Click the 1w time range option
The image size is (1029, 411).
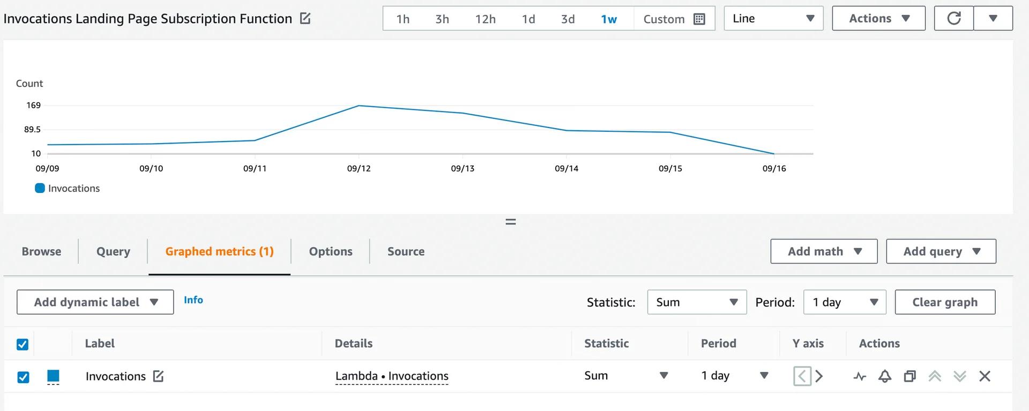(608, 19)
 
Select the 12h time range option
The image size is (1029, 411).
(485, 19)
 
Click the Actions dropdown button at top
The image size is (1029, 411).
(878, 19)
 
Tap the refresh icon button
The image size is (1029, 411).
(953, 19)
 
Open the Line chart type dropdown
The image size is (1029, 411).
(773, 19)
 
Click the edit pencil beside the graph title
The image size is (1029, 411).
(305, 19)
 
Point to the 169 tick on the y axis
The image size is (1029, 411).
(34, 106)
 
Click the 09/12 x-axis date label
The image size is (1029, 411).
(359, 168)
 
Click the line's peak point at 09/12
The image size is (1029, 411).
(359, 106)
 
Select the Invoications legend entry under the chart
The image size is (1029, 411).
(68, 189)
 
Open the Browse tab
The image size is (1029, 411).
(41, 251)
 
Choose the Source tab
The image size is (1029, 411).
(406, 251)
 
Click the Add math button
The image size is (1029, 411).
(824, 251)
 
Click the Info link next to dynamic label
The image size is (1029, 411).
(193, 300)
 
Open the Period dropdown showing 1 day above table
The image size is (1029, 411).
(845, 302)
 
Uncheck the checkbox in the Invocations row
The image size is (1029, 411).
(23, 377)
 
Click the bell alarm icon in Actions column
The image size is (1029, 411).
(884, 376)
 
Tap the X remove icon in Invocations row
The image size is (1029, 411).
(985, 376)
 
